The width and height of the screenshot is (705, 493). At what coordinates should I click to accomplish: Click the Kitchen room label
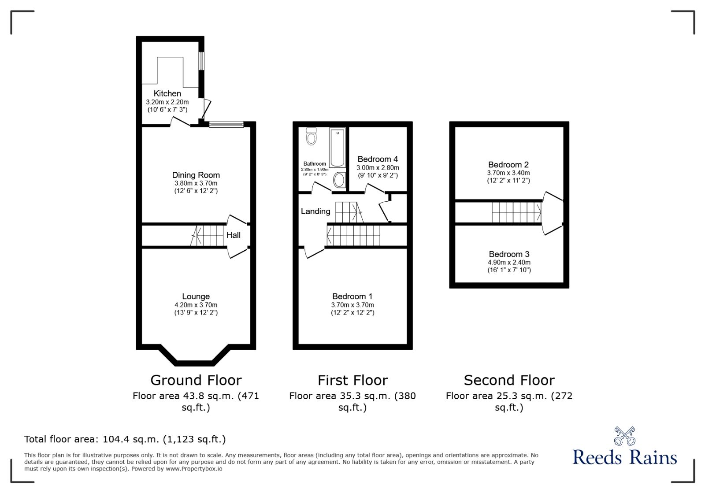pos(167,93)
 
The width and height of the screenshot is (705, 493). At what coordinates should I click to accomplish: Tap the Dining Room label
pos(196,175)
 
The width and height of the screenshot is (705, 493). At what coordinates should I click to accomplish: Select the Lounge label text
pos(196,297)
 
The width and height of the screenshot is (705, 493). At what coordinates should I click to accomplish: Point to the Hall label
pos(233,235)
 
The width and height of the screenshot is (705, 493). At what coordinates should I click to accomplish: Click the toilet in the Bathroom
pos(312,136)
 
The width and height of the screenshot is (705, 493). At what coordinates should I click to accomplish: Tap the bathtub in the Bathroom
pos(338,147)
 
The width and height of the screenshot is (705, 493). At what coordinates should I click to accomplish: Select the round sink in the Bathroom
pos(339,180)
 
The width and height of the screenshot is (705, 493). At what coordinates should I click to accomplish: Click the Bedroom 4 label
pos(378,159)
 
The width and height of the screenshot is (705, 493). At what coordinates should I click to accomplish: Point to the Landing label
pos(315,211)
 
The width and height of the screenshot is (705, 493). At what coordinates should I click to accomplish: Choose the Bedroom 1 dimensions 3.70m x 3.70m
pos(352,305)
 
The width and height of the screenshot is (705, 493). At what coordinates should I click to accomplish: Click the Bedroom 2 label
pos(508,165)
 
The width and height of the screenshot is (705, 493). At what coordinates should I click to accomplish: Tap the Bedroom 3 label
pos(509,254)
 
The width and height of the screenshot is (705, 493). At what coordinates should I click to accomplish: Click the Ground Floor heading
pos(196,380)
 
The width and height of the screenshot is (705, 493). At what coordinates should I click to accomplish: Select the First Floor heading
pos(352,380)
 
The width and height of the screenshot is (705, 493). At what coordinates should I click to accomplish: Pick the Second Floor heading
pos(509,380)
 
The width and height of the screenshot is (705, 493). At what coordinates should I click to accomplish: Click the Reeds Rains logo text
pos(624,457)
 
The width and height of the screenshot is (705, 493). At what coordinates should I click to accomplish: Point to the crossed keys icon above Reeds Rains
pos(624,436)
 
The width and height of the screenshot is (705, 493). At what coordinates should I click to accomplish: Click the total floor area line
pos(125,439)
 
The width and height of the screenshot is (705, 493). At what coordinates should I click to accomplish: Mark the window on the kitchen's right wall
pos(201,61)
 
